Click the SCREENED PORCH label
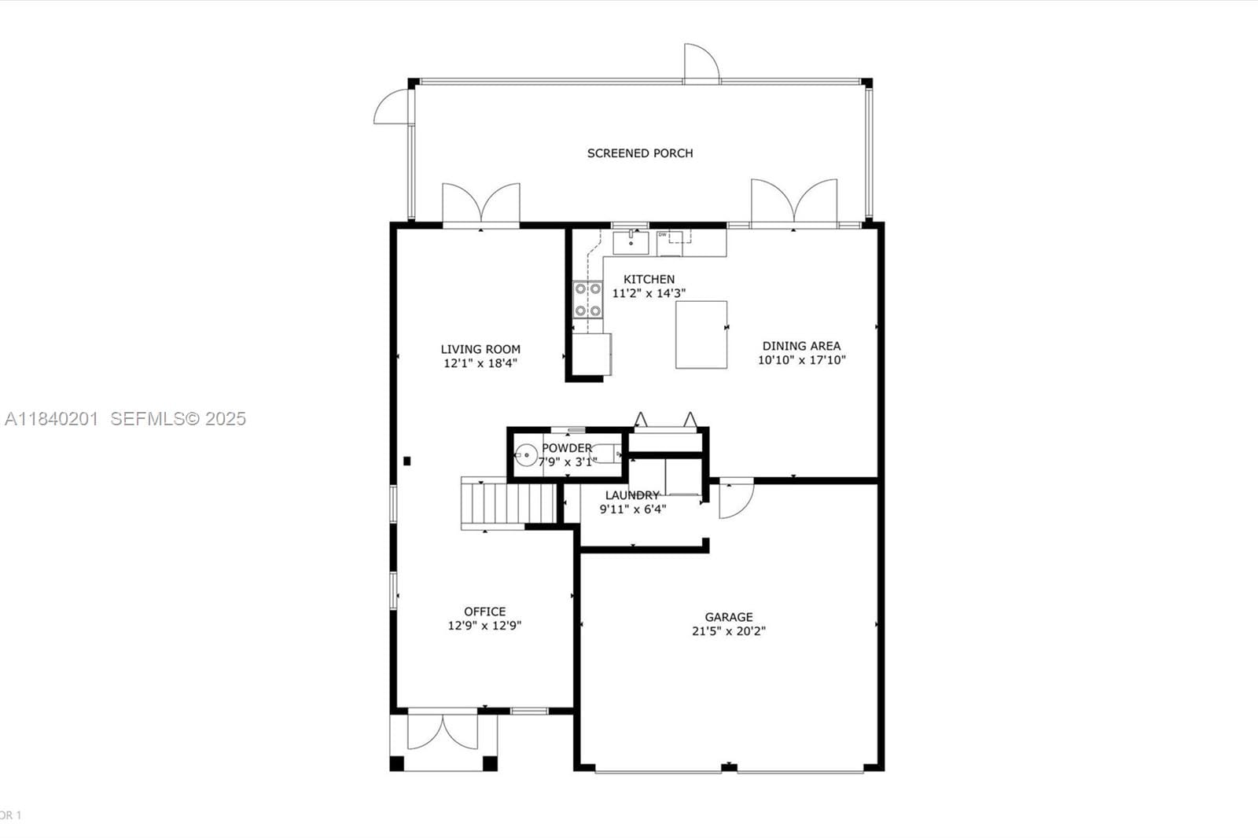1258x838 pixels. click(640, 153)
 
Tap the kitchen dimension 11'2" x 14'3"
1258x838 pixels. click(649, 293)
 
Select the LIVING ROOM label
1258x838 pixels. click(480, 349)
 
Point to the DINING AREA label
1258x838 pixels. click(801, 346)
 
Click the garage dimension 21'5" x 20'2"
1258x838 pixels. click(729, 630)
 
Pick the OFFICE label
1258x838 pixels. click(484, 612)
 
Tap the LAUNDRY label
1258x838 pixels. click(632, 495)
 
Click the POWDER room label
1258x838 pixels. click(567, 448)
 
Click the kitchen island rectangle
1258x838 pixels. click(701, 335)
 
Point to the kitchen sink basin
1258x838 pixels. click(631, 243)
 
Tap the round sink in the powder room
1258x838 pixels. click(526, 455)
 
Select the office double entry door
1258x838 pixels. click(443, 731)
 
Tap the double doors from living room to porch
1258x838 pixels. click(481, 204)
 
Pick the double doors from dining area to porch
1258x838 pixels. click(794, 201)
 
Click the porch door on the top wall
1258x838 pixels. click(701, 63)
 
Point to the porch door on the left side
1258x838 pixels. click(392, 107)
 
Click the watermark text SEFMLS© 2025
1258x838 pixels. click(178, 419)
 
